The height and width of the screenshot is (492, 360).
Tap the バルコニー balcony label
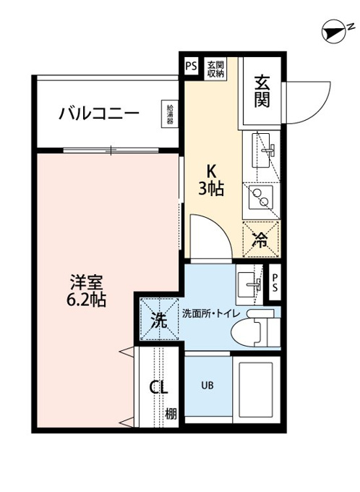point(99,113)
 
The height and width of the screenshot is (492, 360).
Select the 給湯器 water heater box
point(170,114)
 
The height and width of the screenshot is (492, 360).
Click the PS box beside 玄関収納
point(191,67)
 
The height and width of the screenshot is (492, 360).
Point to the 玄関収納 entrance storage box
point(215,69)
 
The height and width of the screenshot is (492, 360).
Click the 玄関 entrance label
point(262,91)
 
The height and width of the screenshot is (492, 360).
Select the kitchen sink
point(262,150)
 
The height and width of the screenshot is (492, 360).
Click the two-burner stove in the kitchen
point(261,197)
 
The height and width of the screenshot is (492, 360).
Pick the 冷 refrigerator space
point(261,239)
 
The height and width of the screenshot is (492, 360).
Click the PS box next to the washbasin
point(275,282)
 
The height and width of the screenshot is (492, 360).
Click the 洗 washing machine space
point(159,320)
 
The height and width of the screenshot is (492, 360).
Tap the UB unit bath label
point(207,385)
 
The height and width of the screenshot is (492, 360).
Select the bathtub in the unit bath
point(257,389)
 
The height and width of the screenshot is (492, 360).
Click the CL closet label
point(158,388)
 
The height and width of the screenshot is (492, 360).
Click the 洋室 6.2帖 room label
point(86,291)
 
